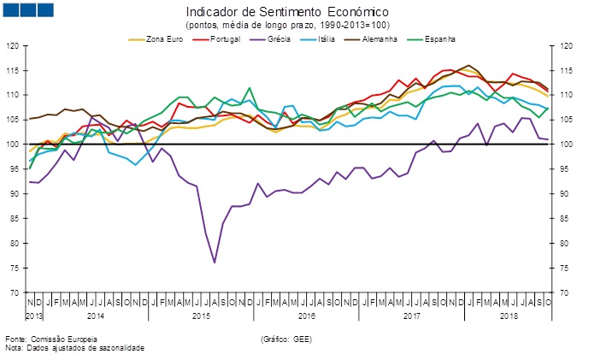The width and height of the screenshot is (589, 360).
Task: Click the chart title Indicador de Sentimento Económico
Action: point(287,13)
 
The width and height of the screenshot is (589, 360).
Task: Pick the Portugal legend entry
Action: point(223,39)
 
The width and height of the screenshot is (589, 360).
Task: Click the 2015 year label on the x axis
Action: point(201,316)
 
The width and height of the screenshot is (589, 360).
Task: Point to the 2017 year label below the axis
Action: point(411,316)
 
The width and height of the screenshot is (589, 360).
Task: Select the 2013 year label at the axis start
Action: point(34,316)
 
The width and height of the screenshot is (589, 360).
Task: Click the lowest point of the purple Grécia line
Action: point(214,263)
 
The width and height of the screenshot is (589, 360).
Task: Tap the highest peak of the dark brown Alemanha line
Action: point(468,66)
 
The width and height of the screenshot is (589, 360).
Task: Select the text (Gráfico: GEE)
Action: point(286,340)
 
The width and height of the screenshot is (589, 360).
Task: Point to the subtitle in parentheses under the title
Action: point(287,26)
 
